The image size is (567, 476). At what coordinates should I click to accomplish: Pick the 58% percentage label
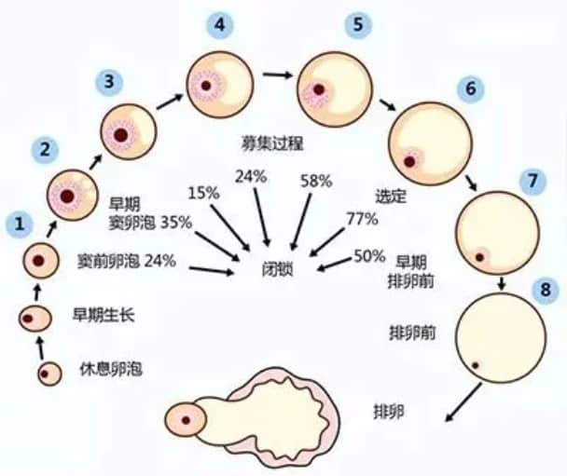316,181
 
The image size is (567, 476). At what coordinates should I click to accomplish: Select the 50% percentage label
368,255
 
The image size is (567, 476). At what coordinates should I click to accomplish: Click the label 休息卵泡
104,374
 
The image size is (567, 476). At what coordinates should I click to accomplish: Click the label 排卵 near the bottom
388,410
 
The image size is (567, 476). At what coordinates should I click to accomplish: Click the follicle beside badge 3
121,132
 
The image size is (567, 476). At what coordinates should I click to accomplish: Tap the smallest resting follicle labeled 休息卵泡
48,374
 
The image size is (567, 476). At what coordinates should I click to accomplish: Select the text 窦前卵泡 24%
126,261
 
